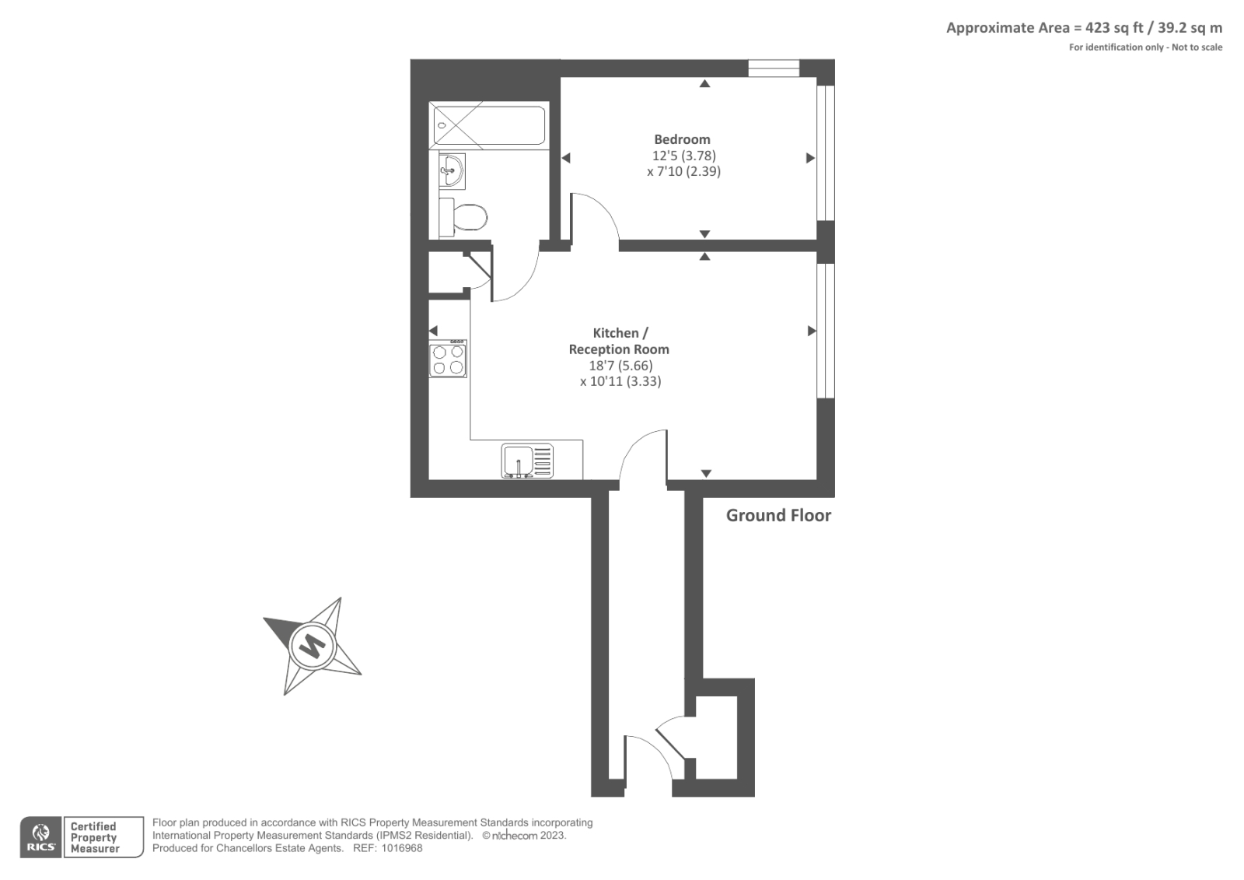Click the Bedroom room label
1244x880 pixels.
(x=682, y=139)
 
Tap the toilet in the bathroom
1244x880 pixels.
(x=465, y=216)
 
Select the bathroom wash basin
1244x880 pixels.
(x=451, y=170)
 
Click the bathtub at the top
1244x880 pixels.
(x=489, y=125)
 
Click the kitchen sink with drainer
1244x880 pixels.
(x=527, y=461)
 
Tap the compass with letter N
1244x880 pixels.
(x=313, y=646)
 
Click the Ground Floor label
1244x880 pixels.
(x=778, y=515)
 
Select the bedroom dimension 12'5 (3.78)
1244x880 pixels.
(x=683, y=156)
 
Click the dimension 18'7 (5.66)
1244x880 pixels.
(x=620, y=366)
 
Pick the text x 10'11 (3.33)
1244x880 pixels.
(x=620, y=381)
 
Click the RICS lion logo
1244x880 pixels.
(x=41, y=837)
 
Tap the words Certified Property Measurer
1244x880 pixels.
(x=94, y=837)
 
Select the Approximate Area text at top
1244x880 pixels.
(x=1084, y=28)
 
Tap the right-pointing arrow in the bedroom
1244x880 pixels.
(x=810, y=158)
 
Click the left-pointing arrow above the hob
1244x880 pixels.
(x=433, y=331)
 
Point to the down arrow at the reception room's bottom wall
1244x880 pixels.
(x=706, y=473)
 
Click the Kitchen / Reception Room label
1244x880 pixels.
(x=619, y=341)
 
